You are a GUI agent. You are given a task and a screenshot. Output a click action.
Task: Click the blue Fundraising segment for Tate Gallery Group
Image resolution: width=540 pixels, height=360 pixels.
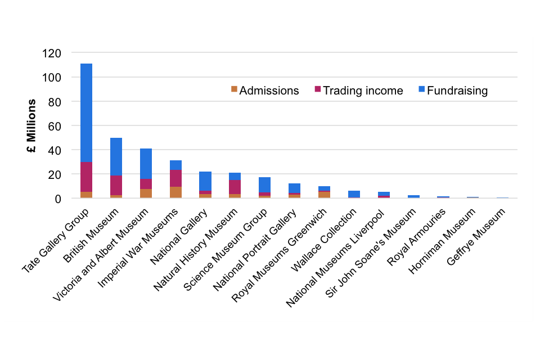click(x=86, y=112)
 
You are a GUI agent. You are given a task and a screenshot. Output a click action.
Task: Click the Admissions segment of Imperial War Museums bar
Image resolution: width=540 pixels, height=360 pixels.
click(x=175, y=192)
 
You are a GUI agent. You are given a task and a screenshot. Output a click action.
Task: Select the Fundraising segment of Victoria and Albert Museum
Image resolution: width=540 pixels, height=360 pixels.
click(x=146, y=164)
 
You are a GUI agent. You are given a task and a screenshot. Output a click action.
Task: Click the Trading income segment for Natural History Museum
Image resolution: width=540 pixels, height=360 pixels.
click(x=235, y=187)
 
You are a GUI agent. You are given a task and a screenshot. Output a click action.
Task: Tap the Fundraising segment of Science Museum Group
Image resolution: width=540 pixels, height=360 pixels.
click(x=264, y=184)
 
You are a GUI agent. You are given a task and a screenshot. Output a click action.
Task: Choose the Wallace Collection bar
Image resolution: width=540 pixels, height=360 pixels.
click(x=354, y=194)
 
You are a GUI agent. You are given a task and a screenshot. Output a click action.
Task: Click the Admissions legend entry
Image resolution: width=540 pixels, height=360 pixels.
click(x=265, y=91)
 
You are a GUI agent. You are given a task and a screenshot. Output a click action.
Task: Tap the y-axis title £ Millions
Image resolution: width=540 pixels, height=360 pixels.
click(x=32, y=127)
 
